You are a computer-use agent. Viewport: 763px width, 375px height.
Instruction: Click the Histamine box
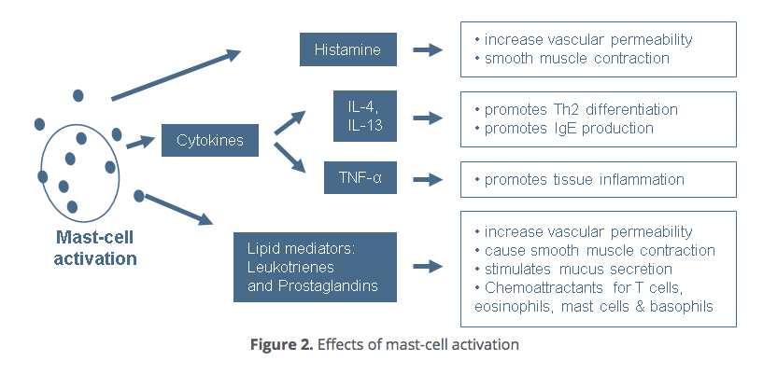348,49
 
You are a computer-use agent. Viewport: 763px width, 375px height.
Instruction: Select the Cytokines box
210,140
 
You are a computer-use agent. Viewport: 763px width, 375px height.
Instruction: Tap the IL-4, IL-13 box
365,116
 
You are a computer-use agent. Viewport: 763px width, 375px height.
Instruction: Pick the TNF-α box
360,178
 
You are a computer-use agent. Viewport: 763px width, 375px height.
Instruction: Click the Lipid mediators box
315,267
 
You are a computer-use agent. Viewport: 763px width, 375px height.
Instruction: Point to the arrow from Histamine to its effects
428,49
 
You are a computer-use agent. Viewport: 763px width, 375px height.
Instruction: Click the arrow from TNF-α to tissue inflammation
428,179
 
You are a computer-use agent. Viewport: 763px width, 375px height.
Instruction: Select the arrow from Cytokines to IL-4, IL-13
290,123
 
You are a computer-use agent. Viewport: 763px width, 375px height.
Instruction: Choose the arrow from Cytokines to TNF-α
290,157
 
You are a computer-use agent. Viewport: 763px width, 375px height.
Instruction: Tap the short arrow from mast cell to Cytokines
140,143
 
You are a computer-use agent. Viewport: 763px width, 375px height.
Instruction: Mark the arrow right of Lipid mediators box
428,266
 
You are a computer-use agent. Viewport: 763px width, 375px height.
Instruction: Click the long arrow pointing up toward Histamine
177,75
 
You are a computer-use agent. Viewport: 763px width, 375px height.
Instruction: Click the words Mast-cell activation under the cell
95,248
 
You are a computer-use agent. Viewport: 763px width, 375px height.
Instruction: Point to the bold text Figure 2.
282,344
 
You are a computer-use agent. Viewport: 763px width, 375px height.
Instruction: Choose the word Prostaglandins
329,285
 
